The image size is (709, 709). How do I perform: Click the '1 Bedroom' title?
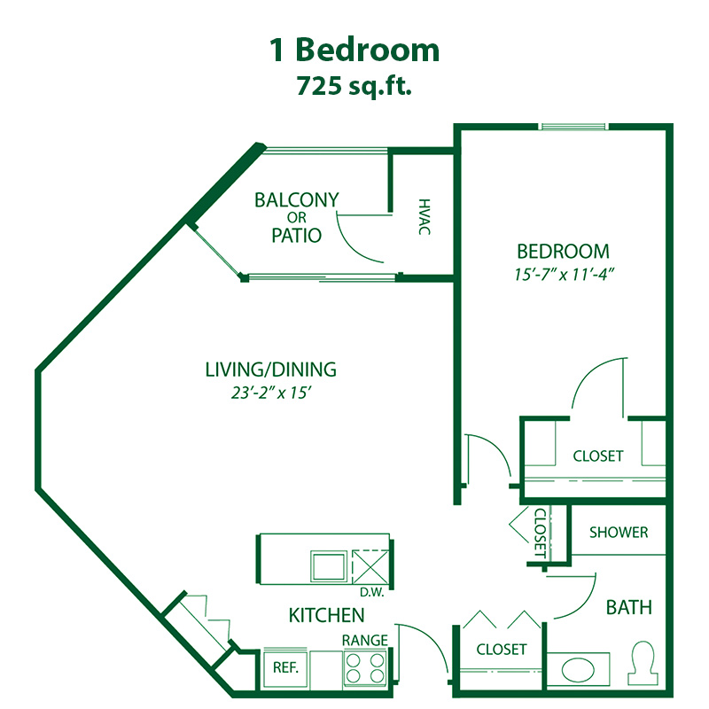(x=354, y=50)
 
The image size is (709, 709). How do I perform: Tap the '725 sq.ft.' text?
(x=354, y=85)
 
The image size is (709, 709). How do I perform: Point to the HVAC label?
(x=424, y=216)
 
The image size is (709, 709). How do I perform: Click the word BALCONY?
(x=297, y=200)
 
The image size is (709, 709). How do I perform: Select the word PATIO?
(x=297, y=235)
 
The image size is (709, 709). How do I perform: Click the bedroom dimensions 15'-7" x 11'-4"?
(x=564, y=274)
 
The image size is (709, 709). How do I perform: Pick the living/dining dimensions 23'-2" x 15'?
(x=271, y=393)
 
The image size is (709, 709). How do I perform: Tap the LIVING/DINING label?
(x=271, y=370)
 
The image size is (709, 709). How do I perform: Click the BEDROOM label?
(x=564, y=252)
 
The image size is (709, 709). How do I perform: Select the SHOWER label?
(x=619, y=533)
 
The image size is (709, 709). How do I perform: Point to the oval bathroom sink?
(x=578, y=670)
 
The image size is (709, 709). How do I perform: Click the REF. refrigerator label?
(x=285, y=667)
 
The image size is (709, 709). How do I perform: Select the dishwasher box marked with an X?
(x=370, y=567)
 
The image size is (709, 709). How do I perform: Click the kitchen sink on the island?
(x=329, y=565)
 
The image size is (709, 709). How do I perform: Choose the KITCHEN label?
(x=326, y=615)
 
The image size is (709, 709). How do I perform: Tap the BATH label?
(x=629, y=607)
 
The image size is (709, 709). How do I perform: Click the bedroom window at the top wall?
(x=573, y=126)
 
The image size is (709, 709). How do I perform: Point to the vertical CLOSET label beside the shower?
(x=541, y=533)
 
